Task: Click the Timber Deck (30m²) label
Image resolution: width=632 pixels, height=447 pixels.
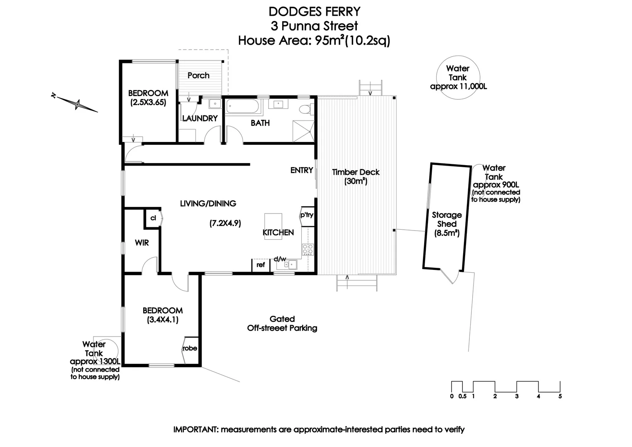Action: pos(356,177)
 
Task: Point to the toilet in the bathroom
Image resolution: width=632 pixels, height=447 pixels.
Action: pos(305,110)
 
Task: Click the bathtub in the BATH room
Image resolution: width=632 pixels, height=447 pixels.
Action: pos(243,107)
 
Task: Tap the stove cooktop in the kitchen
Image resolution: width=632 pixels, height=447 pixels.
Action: pos(308,250)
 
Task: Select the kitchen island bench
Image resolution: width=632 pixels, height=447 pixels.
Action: pos(273,226)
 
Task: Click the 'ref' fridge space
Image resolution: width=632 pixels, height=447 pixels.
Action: pos(261,265)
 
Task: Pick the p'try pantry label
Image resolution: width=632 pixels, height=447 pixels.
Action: pos(307,215)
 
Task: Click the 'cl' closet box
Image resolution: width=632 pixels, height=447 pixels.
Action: pos(153,218)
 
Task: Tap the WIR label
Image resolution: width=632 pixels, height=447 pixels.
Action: pos(142,243)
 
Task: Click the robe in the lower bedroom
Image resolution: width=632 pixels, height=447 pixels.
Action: pos(190,348)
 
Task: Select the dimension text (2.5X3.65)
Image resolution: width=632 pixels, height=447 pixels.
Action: pos(148,102)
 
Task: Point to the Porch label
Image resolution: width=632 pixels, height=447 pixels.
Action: pos(198,75)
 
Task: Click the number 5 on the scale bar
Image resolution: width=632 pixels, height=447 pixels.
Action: pos(560,397)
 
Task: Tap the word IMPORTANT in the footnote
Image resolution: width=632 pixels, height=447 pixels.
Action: pos(195,430)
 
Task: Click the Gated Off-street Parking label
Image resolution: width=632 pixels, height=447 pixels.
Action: pos(282,324)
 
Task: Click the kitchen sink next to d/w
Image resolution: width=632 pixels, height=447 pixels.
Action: pos(292,264)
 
